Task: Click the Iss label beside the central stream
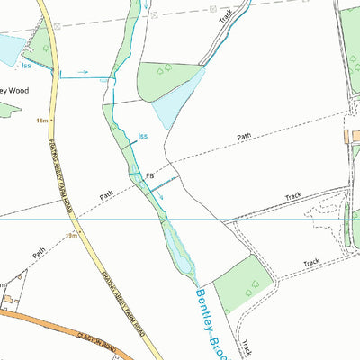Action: point(142,137)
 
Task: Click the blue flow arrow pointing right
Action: point(82,71)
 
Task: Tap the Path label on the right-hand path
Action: point(245,137)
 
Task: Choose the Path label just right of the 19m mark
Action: point(107,193)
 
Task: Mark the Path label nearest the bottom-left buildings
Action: point(39,255)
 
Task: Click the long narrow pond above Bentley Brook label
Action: point(177,247)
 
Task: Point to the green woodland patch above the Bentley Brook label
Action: point(243,281)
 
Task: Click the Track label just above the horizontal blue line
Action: point(293,195)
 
